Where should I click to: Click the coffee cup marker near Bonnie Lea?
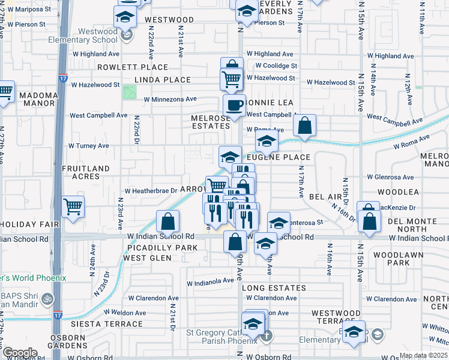pos(234,105)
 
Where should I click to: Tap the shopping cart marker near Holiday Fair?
pos(73,206)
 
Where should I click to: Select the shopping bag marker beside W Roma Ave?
pos(305,126)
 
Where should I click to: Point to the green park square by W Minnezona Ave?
pos(129,93)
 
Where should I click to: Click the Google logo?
pos(19,353)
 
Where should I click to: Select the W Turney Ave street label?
pos(88,145)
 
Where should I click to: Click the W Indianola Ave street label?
pos(209,280)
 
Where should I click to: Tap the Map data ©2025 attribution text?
pos(423,355)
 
